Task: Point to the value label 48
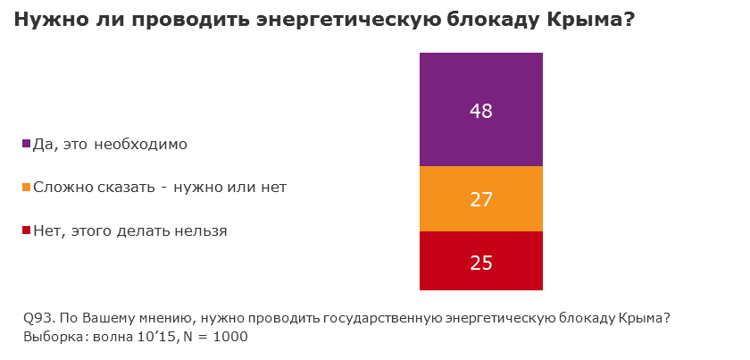481,112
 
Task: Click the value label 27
481,199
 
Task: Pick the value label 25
481,263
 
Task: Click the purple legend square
26,144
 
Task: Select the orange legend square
26,188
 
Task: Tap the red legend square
26,231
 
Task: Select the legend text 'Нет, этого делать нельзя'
129,230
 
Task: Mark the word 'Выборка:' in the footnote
51,337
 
